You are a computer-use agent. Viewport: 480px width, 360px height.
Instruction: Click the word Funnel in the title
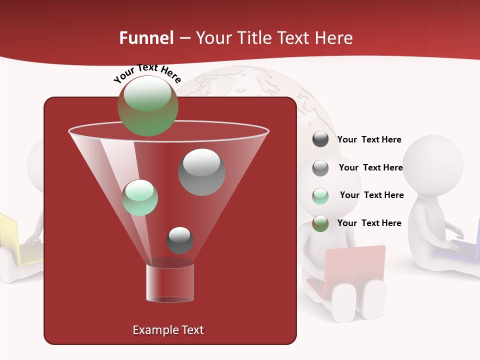[x=146, y=38]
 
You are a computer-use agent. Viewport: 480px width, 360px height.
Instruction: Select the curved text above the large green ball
[x=147, y=72]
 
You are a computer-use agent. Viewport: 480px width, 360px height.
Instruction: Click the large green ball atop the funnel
[x=147, y=105]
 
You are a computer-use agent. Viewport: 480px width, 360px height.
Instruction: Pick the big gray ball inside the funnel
[x=201, y=172]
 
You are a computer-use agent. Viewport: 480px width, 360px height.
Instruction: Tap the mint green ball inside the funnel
[x=140, y=197]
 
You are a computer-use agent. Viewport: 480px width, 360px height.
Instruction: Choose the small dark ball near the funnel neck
[x=179, y=240]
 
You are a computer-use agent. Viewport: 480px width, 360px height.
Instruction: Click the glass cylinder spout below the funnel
[x=170, y=282]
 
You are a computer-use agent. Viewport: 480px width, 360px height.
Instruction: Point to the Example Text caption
[x=168, y=330]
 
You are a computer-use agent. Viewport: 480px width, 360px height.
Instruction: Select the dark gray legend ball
[x=320, y=139]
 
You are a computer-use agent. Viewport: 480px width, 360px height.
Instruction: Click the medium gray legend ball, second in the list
[x=320, y=168]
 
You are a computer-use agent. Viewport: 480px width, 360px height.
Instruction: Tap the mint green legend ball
[x=320, y=196]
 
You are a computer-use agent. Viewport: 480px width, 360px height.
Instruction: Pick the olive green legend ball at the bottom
[x=320, y=223]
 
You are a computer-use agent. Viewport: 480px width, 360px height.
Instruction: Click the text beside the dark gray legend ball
[x=369, y=140]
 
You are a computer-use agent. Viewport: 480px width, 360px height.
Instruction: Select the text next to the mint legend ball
[x=371, y=195]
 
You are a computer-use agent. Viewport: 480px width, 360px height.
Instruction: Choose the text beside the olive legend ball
[x=369, y=223]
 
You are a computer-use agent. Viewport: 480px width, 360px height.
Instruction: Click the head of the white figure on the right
[x=433, y=164]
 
